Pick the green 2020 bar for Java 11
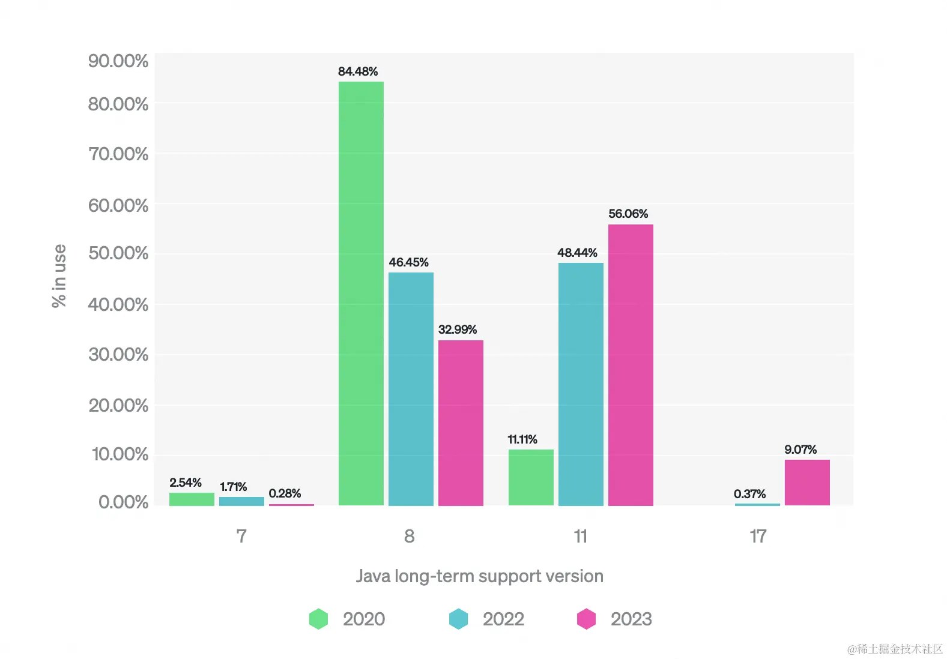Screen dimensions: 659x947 531,477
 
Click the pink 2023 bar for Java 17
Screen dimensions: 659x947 807,483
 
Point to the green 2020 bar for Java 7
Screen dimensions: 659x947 192,499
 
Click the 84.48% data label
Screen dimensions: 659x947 358,71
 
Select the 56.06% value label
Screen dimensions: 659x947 628,214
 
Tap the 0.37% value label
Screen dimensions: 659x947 749,494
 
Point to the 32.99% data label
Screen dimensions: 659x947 458,329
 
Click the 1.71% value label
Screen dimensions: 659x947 233,487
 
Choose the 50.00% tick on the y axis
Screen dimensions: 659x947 118,253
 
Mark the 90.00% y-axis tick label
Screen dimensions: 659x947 118,61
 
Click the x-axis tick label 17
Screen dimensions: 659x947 758,536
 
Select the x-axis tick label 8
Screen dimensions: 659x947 409,536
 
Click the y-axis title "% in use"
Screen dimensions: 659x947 59,275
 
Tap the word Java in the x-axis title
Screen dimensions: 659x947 373,576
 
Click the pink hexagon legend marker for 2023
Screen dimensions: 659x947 586,619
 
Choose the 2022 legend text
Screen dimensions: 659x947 503,619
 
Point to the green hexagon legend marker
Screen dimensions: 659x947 318,619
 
